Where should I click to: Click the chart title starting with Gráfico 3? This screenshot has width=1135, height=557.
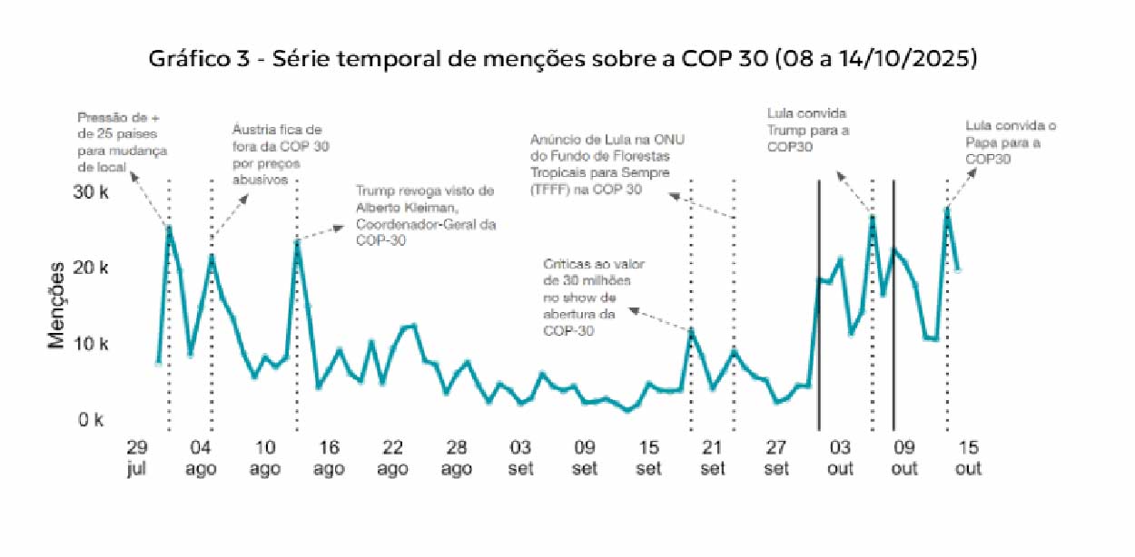click(563, 59)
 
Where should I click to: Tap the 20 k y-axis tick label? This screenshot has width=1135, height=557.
click(91, 268)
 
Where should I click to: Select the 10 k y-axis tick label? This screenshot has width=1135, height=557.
click(91, 344)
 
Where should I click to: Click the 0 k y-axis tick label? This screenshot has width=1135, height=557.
click(91, 420)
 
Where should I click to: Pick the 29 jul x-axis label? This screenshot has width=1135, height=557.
click(136, 457)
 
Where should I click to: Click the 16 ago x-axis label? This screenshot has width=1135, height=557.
click(329, 457)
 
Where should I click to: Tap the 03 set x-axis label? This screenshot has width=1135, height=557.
click(520, 457)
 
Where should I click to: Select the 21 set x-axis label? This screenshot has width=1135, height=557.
click(713, 457)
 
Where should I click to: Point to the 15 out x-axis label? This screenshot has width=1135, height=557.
click(968, 457)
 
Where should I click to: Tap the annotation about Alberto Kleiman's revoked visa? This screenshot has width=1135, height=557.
click(424, 216)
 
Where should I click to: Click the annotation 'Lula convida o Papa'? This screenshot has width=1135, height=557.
click(1011, 142)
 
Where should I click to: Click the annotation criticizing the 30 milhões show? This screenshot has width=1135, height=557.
click(587, 298)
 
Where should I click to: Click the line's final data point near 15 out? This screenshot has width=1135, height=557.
click(958, 269)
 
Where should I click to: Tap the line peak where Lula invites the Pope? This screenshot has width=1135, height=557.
click(947, 210)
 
